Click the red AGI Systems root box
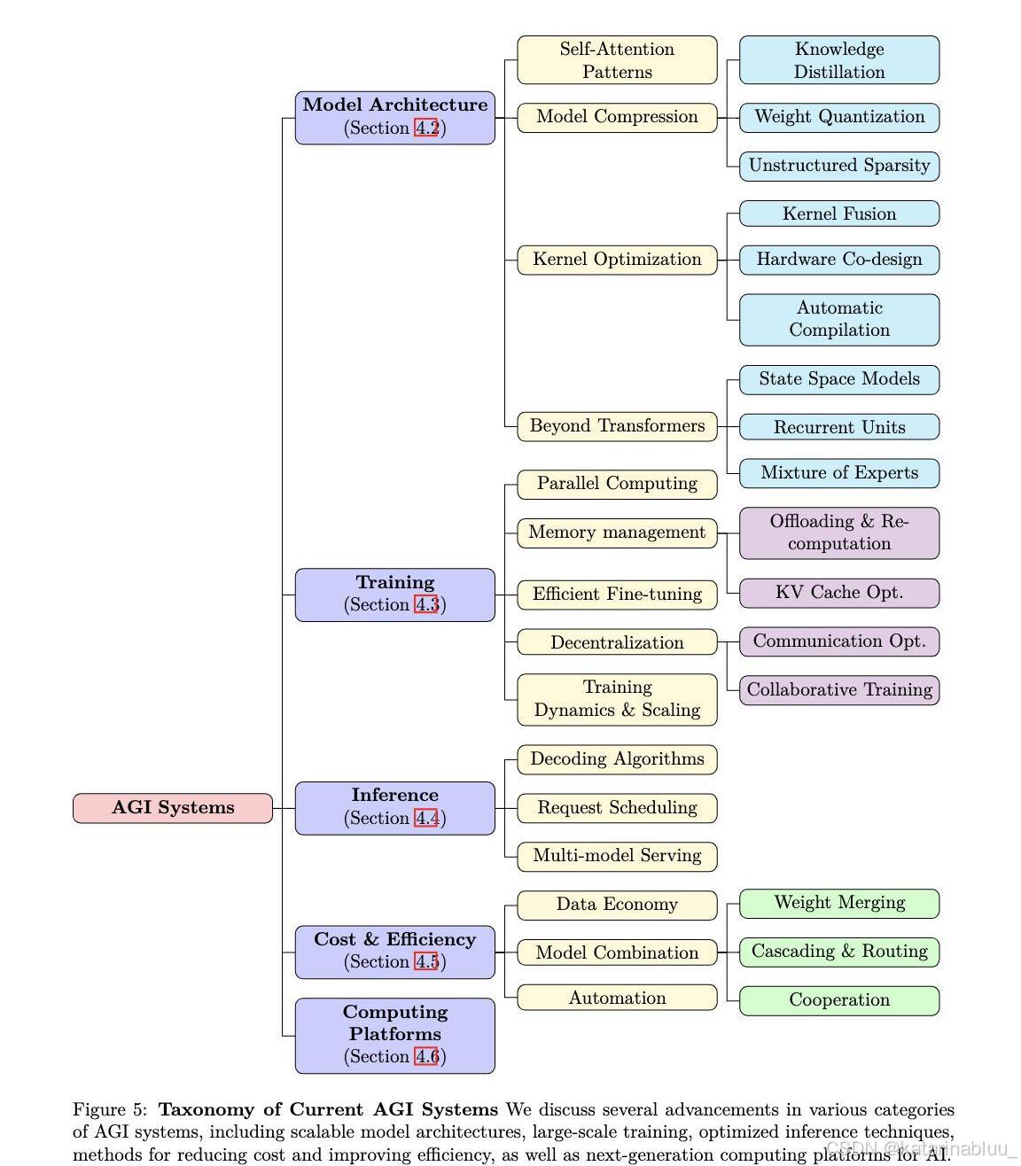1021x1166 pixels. pos(173,808)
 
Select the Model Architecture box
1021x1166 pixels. pos(394,117)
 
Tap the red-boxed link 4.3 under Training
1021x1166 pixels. pos(426,605)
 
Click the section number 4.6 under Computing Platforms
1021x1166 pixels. pos(426,1056)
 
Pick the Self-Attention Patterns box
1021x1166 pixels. pos(617,60)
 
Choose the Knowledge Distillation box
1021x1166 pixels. pos(839,60)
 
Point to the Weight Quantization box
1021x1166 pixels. pos(839,117)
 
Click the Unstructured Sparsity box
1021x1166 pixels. pos(839,166)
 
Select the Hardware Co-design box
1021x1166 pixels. pos(839,260)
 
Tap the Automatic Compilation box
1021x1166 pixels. pos(839,319)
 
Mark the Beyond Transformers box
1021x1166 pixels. pos(617,426)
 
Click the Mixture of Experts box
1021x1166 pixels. pos(839,473)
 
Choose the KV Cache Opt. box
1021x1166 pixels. pos(839,593)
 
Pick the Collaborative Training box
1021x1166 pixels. pos(839,690)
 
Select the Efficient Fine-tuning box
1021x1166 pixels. pos(617,595)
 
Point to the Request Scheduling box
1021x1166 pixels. pos(617,808)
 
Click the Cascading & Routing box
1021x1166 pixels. pos(839,952)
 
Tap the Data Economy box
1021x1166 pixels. pos(617,905)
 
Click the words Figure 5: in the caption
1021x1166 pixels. pos(110,1109)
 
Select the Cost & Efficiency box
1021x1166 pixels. pos(394,952)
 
